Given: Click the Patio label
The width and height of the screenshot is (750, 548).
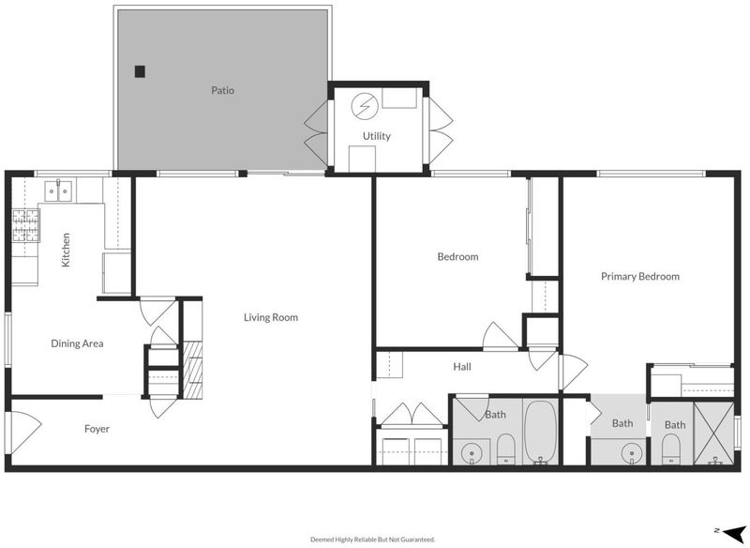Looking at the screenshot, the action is click(x=223, y=90).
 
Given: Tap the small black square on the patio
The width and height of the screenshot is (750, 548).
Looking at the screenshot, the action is click(x=140, y=71).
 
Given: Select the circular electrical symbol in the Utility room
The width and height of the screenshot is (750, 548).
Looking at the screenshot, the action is click(x=365, y=105).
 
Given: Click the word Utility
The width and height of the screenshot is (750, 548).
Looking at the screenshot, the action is click(x=377, y=136).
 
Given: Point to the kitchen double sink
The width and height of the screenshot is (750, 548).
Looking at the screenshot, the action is click(x=59, y=190).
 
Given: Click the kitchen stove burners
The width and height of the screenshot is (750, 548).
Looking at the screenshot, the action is click(x=26, y=225).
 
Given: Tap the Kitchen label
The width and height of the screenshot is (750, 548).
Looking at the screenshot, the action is click(x=66, y=250).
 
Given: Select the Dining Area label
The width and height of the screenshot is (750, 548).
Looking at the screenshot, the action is click(x=77, y=343).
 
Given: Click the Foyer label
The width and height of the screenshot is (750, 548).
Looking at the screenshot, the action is click(x=97, y=429).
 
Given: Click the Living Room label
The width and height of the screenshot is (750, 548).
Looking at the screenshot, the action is click(x=271, y=317).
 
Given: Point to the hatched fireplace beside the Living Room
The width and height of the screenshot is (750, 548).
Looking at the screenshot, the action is click(x=193, y=370).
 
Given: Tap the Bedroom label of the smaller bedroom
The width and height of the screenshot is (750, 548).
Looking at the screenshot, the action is click(x=457, y=256).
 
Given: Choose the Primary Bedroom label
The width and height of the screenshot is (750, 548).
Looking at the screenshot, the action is click(x=640, y=276).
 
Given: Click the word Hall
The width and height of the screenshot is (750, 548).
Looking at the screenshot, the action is click(x=462, y=367).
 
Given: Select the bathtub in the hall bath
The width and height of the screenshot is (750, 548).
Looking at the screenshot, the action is click(x=541, y=432).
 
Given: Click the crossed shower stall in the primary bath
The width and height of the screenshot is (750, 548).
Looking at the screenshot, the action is click(x=713, y=434).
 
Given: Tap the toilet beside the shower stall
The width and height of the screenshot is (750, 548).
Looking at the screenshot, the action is click(x=671, y=449).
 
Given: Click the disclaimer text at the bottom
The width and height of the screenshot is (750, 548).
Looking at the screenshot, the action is click(x=373, y=540).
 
